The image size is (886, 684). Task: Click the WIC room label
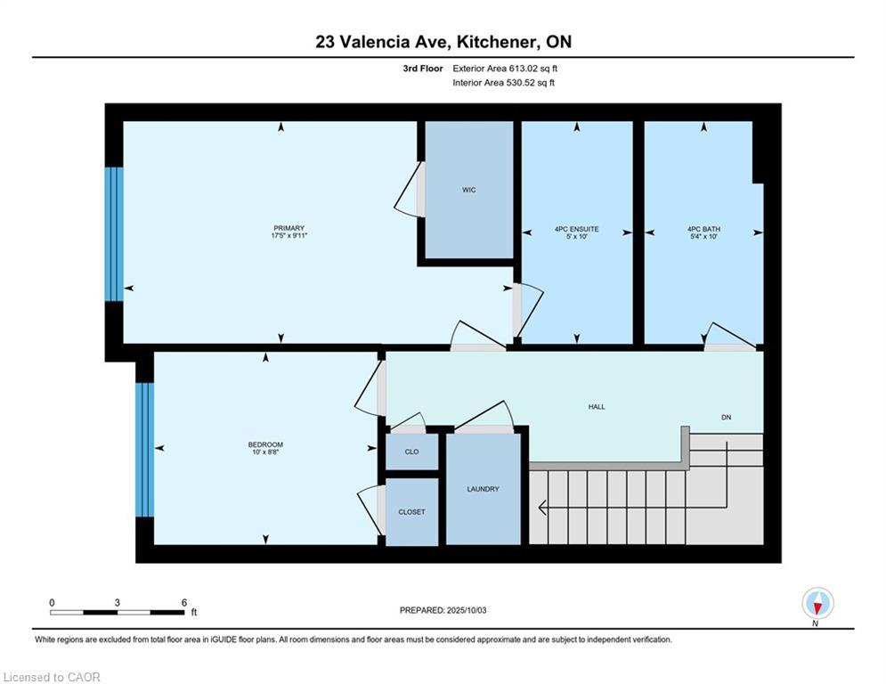[x=469, y=190]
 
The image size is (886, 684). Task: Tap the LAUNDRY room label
[x=484, y=489]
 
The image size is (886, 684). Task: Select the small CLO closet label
[x=412, y=452]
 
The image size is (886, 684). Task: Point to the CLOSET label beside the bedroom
[x=411, y=512]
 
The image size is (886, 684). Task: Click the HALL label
[x=597, y=406]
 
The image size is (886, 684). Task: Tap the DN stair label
[x=726, y=417]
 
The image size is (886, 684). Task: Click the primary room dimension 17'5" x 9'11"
[x=289, y=236]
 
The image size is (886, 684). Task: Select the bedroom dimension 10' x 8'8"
[x=265, y=452]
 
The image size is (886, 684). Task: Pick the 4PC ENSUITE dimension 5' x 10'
[x=577, y=237]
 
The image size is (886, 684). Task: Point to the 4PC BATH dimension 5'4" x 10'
[x=703, y=237]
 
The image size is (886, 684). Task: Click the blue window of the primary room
[x=114, y=234]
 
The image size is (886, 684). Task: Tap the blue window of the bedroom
[x=144, y=450]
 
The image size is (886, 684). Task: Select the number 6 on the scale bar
[x=184, y=603]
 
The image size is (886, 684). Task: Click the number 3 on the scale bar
[x=117, y=603]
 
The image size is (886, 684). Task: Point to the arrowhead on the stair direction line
[x=542, y=508]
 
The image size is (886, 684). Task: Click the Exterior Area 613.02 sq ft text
[x=505, y=69]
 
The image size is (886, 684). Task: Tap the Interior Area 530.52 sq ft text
[x=503, y=83]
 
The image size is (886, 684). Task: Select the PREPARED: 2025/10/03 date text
[x=443, y=610]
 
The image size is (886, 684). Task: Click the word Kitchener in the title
[x=496, y=43]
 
